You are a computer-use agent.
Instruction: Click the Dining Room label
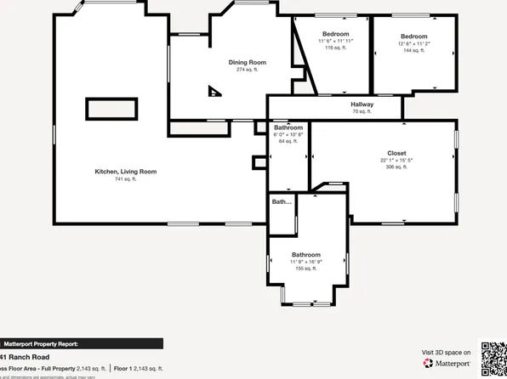pyautogui.click(x=247, y=62)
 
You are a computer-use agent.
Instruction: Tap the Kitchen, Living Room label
pyautogui.click(x=125, y=172)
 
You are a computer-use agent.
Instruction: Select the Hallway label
pyautogui.click(x=362, y=105)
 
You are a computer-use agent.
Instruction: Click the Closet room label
pyautogui.click(x=397, y=153)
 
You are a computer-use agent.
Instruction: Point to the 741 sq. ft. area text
pyautogui.click(x=125, y=179)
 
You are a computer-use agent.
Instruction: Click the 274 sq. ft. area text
pyautogui.click(x=247, y=70)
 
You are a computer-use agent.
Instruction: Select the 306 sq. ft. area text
pyautogui.click(x=397, y=167)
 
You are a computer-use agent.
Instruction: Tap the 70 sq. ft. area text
pyautogui.click(x=362, y=112)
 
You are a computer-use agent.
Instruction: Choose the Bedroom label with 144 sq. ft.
pyautogui.click(x=413, y=36)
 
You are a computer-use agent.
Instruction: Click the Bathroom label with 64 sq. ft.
pyautogui.click(x=288, y=127)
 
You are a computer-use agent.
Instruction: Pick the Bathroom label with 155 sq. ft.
pyautogui.click(x=306, y=255)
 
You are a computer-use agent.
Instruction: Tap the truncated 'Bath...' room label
pyautogui.click(x=282, y=202)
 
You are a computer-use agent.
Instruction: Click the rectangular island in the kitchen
pyautogui.click(x=111, y=109)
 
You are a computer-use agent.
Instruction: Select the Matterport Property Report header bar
pyautogui.click(x=81, y=344)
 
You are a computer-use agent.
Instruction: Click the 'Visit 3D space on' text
pyautogui.click(x=446, y=352)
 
